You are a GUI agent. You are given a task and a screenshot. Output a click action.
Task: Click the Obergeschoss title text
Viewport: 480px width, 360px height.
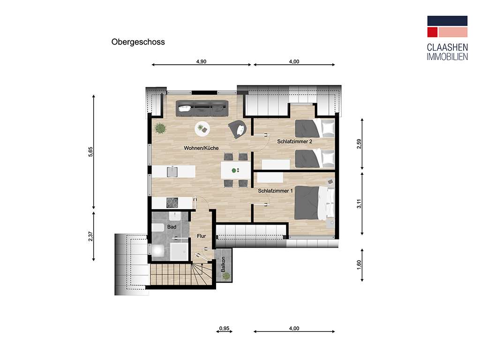(138, 42)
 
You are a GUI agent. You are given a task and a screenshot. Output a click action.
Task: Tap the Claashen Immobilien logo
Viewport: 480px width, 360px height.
(447, 37)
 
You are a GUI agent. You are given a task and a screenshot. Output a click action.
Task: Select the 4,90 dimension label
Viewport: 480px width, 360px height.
(201, 61)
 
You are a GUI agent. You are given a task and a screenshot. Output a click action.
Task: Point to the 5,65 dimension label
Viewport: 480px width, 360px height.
(91, 152)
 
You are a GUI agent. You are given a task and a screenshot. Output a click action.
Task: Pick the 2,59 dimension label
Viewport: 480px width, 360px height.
(359, 144)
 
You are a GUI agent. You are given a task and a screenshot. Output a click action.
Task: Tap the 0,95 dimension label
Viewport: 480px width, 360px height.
(225, 328)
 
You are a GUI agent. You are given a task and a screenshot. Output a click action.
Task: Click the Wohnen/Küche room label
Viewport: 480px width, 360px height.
(201, 148)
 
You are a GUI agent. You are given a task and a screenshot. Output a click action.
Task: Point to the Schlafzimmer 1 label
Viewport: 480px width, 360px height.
(275, 191)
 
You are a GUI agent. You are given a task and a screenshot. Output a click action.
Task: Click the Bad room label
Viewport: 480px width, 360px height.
(172, 227)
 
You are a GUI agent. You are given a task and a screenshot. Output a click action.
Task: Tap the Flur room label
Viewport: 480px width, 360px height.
(202, 230)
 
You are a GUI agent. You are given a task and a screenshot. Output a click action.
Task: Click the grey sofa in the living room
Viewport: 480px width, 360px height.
(201, 109)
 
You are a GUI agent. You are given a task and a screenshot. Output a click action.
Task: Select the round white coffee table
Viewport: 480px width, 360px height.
(202, 127)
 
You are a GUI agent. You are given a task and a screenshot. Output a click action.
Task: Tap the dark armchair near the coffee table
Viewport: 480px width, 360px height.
(238, 128)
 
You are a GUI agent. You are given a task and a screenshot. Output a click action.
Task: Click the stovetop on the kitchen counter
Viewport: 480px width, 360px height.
(172, 203)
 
